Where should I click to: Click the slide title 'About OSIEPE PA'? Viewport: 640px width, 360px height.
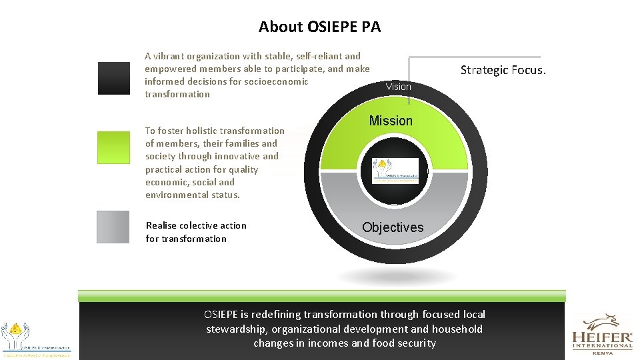coord(319,27)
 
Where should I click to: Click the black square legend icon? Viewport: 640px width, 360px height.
coord(113,78)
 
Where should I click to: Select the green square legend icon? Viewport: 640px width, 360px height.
coord(113,147)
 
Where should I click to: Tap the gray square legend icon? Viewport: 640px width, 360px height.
coord(113,227)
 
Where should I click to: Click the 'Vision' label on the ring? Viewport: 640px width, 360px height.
coord(399,87)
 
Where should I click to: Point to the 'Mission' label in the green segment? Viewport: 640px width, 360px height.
coord(391,121)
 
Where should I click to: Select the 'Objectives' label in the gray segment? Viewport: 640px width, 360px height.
coord(393,227)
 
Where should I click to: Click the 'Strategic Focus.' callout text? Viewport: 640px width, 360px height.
coord(503,70)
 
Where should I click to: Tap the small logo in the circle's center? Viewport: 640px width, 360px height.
coord(395,171)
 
